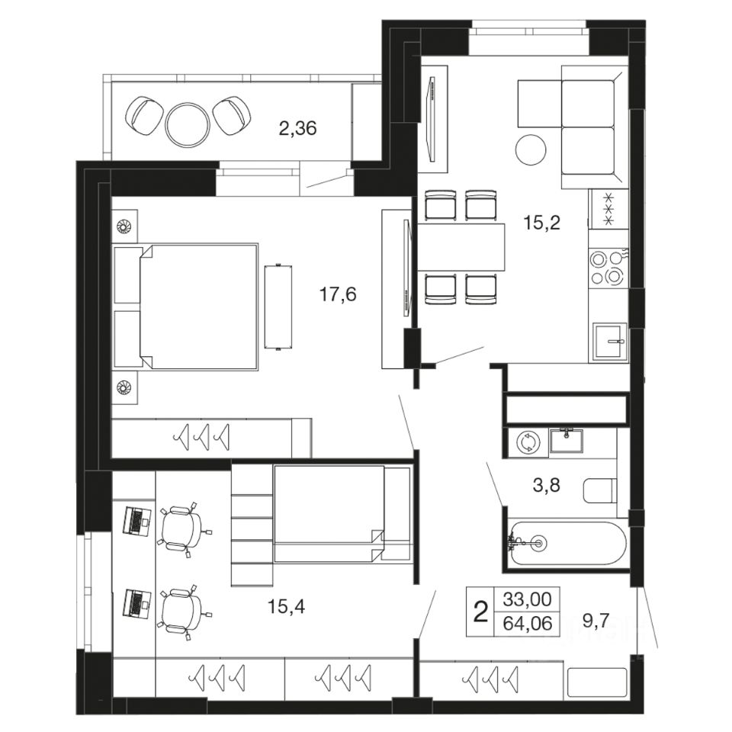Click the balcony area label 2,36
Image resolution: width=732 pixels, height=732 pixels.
pyautogui.click(x=297, y=127)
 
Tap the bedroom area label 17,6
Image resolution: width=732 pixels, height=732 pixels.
pyautogui.click(x=338, y=294)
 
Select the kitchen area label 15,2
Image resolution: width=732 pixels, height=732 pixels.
pyautogui.click(x=541, y=223)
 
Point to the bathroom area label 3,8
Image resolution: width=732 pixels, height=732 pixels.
pyautogui.click(x=546, y=486)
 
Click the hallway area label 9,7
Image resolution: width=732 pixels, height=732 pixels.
pyautogui.click(x=596, y=621)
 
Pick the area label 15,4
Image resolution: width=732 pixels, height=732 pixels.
pyautogui.click(x=286, y=606)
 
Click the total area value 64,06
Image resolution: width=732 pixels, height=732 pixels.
pyautogui.click(x=528, y=623)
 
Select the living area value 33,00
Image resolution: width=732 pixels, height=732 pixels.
pyautogui.click(x=528, y=599)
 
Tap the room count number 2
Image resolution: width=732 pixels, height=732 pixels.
pyautogui.click(x=480, y=612)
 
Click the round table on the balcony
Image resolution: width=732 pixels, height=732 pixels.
pyautogui.click(x=187, y=122)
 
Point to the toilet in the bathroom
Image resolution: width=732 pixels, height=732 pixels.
pyautogui.click(x=600, y=490)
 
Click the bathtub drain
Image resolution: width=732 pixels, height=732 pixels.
pyautogui.click(x=539, y=543)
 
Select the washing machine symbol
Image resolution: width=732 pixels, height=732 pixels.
pyautogui.click(x=528, y=441)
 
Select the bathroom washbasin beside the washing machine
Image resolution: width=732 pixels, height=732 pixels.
pyautogui.click(x=567, y=440)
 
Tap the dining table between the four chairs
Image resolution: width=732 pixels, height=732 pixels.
pyautogui.click(x=461, y=247)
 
